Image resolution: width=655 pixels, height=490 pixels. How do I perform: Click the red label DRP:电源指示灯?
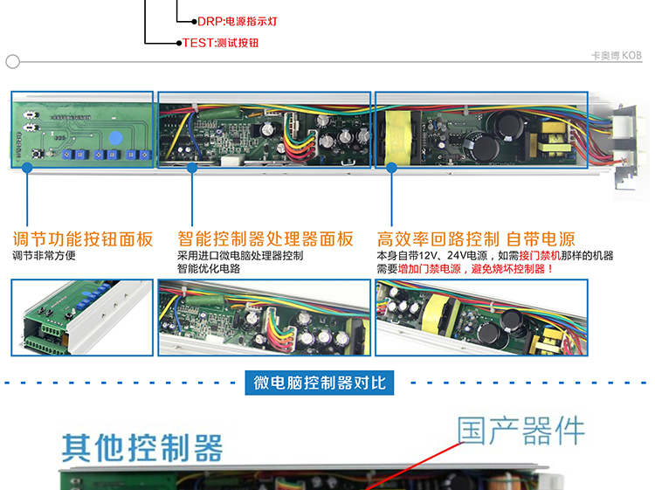[x=238, y=21]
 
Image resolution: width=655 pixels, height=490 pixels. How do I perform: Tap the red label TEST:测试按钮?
[x=221, y=43]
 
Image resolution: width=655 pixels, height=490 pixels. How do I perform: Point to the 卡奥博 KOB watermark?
[x=617, y=55]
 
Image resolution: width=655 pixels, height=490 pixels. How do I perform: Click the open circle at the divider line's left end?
[x=12, y=61]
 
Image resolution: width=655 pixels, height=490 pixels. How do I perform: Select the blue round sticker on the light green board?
[x=115, y=138]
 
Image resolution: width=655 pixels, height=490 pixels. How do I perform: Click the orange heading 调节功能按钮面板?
[x=83, y=239]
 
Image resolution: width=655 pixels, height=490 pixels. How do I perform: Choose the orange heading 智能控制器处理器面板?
[x=265, y=239]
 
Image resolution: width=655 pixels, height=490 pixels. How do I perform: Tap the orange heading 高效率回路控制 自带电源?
[x=476, y=239]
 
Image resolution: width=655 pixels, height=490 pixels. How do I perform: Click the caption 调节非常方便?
[x=44, y=255]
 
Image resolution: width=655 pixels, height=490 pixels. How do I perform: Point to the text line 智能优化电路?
[x=209, y=269]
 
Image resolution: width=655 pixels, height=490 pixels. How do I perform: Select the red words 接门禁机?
[x=540, y=255]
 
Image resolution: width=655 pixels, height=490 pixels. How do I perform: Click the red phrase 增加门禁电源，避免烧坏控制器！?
[x=476, y=269]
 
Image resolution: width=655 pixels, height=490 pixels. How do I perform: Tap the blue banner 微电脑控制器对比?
[x=320, y=383]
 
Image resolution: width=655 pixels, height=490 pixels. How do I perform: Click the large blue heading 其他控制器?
[x=142, y=447]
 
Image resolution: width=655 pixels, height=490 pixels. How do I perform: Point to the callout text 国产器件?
[x=521, y=431]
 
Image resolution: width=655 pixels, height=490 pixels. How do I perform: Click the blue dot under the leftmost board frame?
[x=27, y=168]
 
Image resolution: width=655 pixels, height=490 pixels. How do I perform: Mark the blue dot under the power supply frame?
[x=391, y=168]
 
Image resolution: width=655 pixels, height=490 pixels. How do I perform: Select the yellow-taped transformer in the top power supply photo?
[x=396, y=137]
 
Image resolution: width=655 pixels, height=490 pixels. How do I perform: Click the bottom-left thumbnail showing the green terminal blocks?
[x=82, y=317]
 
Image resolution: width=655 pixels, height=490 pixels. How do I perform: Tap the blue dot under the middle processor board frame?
[x=192, y=168]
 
